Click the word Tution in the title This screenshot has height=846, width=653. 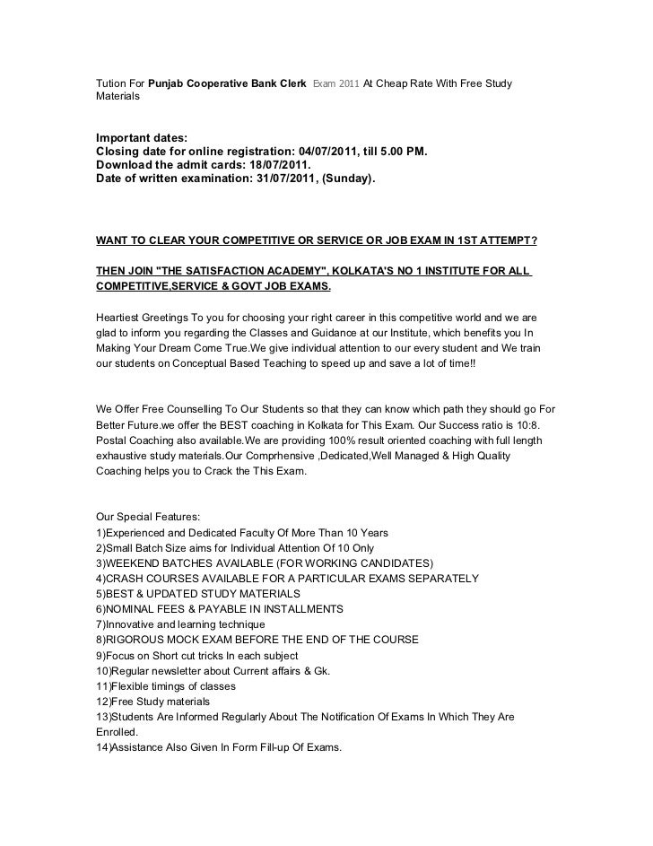pos(111,84)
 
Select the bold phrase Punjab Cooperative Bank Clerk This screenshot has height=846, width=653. pos(228,84)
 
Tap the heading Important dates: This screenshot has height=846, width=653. pos(142,137)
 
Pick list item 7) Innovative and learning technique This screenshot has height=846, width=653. pos(179,624)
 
